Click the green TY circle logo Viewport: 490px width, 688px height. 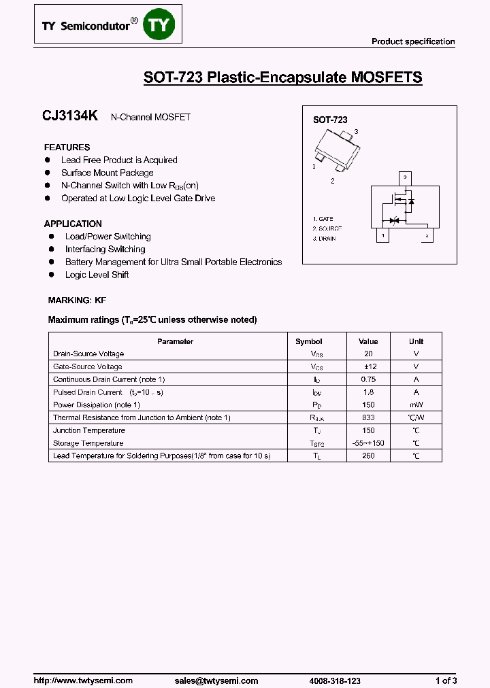pos(162,25)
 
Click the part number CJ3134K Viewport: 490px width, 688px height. pos(70,116)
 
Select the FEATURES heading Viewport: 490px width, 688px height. pos(67,147)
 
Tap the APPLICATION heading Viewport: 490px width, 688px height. pos(73,224)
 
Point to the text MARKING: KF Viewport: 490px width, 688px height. pos(77,300)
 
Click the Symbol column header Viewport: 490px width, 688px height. pos(308,341)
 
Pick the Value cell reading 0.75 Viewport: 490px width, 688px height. pos(368,379)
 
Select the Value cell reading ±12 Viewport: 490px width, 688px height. pos(368,366)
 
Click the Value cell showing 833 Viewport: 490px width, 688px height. pos(368,417)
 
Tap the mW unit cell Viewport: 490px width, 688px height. pos(416,405)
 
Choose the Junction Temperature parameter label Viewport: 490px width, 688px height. pos(88,430)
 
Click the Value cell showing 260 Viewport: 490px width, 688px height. pos(368,455)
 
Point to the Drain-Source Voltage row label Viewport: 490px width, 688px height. pos(88,354)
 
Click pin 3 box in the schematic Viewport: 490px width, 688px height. pos(405,178)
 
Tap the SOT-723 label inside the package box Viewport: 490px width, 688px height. pos(330,120)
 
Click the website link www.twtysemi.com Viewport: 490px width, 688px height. pos(83,661)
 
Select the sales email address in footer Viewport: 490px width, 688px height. pos(216,661)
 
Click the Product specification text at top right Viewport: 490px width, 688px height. pos(413,41)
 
